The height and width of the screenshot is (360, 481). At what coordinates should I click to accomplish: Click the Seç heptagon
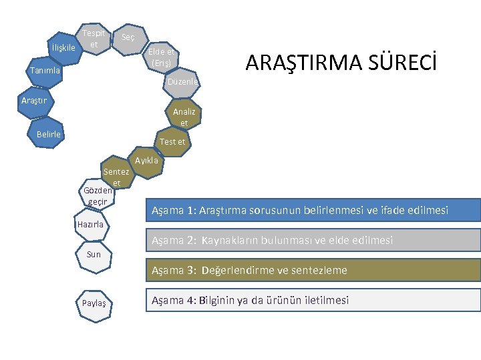pos(128,38)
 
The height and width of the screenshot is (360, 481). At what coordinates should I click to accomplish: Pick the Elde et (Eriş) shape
pos(161,57)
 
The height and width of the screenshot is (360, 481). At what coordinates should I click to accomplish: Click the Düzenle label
pos(183,81)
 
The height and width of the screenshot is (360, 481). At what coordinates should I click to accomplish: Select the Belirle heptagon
pos(49,134)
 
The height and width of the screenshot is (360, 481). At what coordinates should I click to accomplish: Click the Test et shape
pos(172,141)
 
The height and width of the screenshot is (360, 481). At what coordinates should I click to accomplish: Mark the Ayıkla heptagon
pos(147,161)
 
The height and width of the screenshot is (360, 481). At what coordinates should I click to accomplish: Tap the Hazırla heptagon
pos(91,225)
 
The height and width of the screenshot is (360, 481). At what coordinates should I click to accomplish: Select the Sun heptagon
pos(94,254)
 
